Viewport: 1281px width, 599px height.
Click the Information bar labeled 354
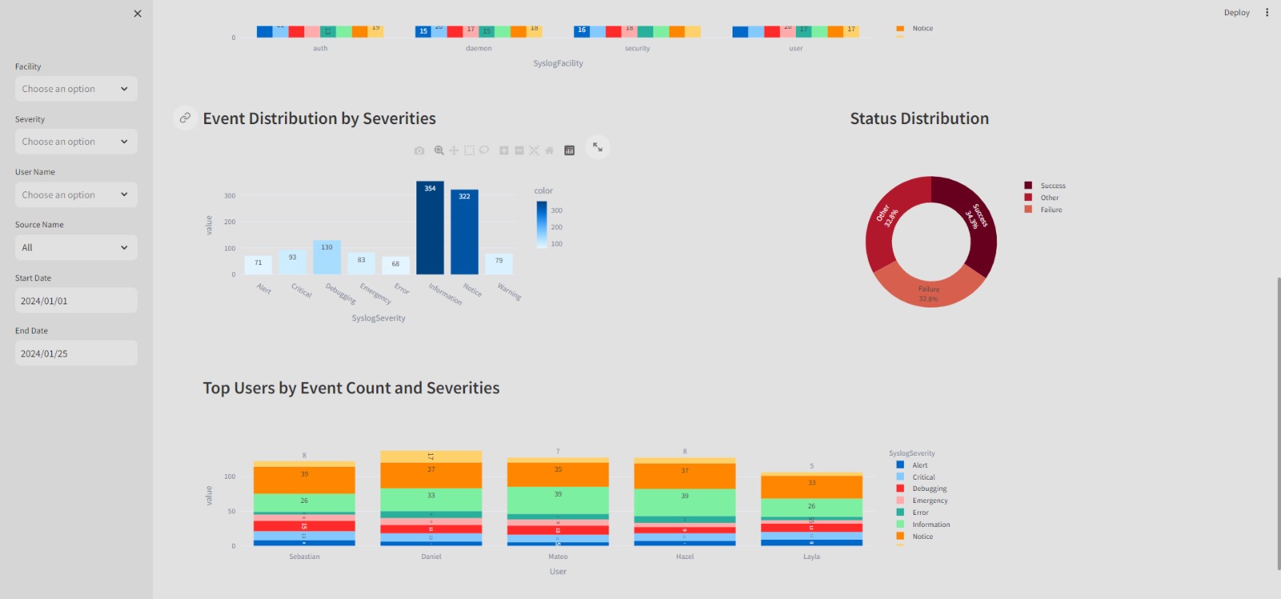click(x=430, y=228)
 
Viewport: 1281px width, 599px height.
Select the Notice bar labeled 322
click(x=464, y=232)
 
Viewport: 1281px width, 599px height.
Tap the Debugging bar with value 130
click(x=327, y=257)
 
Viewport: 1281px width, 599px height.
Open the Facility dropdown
click(x=76, y=89)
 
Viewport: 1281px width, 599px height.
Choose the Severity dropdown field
click(x=76, y=142)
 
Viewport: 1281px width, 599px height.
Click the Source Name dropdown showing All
click(x=76, y=247)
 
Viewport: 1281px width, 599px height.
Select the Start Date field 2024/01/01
click(x=76, y=301)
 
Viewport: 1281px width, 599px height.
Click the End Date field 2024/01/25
click(x=76, y=354)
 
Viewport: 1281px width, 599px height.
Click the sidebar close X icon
click(x=138, y=14)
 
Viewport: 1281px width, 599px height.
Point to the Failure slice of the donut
click(x=929, y=290)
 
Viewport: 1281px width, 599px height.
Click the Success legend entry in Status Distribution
click(x=1052, y=186)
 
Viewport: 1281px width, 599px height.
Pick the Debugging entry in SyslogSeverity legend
click(x=929, y=488)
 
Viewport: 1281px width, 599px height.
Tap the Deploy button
click(x=1236, y=13)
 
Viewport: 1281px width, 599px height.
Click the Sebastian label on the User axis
click(x=304, y=557)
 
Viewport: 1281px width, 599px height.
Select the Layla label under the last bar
click(x=811, y=557)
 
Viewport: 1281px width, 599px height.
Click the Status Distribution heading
click(x=919, y=119)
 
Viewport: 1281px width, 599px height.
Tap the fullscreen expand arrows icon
click(x=598, y=147)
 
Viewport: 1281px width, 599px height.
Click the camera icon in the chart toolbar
click(x=419, y=151)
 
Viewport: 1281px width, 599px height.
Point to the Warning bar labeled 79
click(x=499, y=264)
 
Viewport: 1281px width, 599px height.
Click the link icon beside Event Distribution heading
click(x=185, y=118)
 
